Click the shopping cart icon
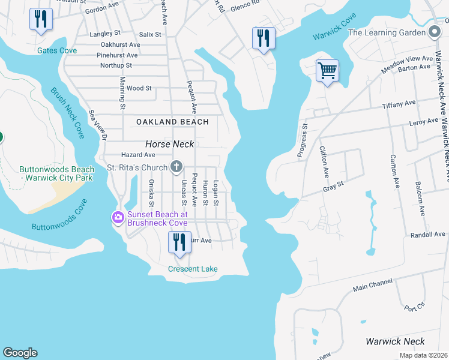pos(327,71)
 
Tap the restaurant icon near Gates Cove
pos(41,19)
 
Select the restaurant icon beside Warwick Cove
pos(264,38)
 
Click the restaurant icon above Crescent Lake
pos(179,242)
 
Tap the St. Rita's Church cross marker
pos(176,166)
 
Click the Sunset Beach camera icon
pos(118,217)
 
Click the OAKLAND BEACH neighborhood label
pos(172,122)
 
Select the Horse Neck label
pos(170,144)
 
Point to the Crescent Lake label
pos(193,269)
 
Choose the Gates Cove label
pos(56,51)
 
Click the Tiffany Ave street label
pos(399,104)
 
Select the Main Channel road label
pos(372,285)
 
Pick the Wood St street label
pos(139,88)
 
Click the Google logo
pos(20,353)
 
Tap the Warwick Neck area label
pos(395,341)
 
